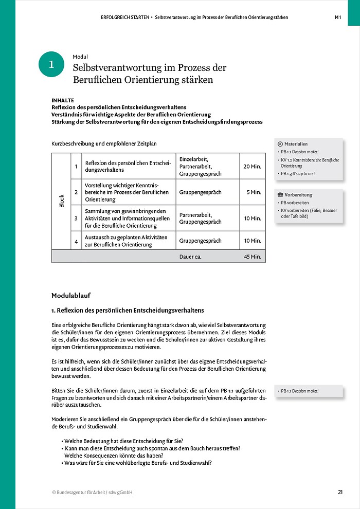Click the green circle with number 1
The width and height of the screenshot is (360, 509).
[51, 64]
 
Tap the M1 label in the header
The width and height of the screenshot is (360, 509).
[338, 17]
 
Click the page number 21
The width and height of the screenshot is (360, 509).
[340, 492]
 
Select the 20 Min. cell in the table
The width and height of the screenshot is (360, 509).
[252, 167]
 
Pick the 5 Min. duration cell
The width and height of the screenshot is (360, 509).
[254, 192]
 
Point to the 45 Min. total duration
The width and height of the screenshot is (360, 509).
[253, 256]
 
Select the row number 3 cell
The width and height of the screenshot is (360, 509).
[76, 218]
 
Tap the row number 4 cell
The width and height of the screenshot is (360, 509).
[76, 241]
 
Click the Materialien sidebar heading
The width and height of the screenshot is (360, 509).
[295, 144]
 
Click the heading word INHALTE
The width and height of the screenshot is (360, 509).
[63, 100]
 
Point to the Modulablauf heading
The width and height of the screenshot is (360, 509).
[71, 296]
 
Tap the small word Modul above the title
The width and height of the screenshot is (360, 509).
[80, 57]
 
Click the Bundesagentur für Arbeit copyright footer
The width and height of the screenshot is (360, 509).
[92, 492]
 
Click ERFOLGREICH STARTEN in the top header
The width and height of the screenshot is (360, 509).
[124, 17]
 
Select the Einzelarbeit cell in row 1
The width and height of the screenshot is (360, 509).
[193, 159]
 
